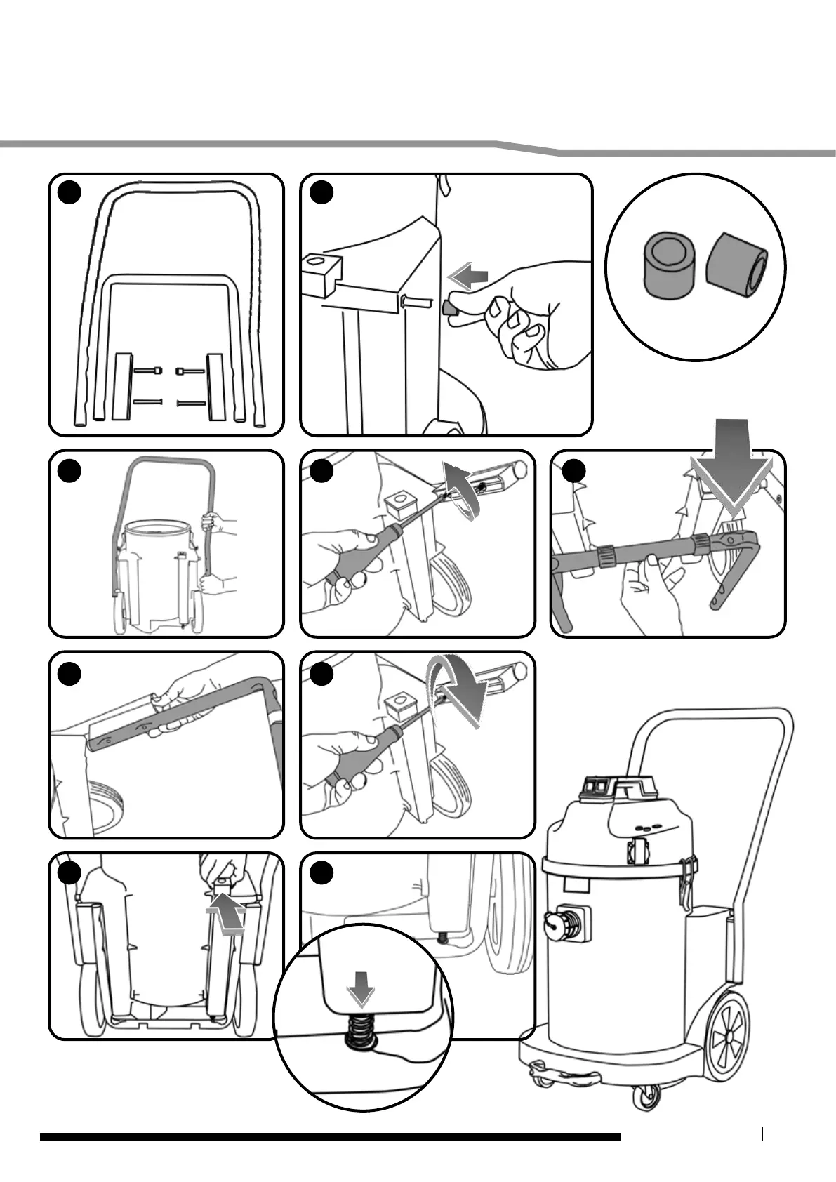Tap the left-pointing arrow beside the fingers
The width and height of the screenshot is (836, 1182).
(469, 274)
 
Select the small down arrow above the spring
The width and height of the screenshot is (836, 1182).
(361, 993)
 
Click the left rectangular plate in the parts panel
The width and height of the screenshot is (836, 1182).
(122, 387)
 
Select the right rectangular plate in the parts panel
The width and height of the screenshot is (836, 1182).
(214, 387)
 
